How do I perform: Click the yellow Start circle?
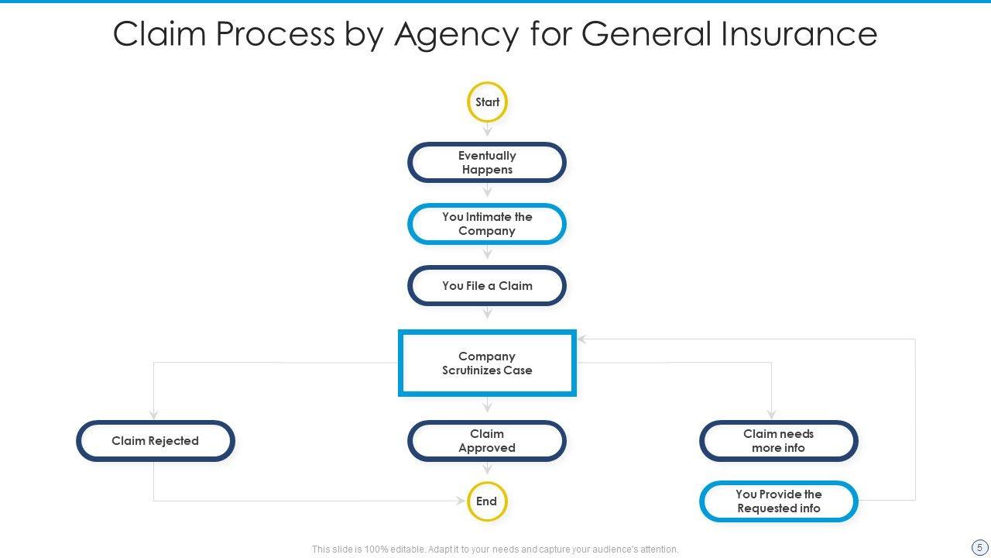pyautogui.click(x=487, y=102)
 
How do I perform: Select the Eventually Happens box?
pyautogui.click(x=487, y=163)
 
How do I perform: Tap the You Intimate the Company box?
pyautogui.click(x=487, y=224)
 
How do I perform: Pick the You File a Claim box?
pyautogui.click(x=487, y=286)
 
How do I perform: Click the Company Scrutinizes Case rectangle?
pyautogui.click(x=487, y=363)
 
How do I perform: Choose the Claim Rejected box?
pyautogui.click(x=155, y=441)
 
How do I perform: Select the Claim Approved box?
pyautogui.click(x=487, y=441)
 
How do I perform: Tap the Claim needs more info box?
pyautogui.click(x=778, y=441)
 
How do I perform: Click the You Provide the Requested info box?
pyautogui.click(x=778, y=501)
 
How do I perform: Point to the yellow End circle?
pyautogui.click(x=487, y=501)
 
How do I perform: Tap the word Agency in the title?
pyautogui.click(x=457, y=34)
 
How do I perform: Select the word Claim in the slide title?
pyautogui.click(x=159, y=34)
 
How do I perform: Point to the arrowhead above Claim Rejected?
pyautogui.click(x=154, y=415)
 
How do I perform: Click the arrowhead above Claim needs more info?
pyautogui.click(x=771, y=415)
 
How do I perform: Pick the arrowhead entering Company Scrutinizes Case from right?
pyautogui.click(x=581, y=339)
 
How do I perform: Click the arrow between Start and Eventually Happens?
pyautogui.click(x=487, y=131)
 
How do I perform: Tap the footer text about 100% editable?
pyautogui.click(x=495, y=549)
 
